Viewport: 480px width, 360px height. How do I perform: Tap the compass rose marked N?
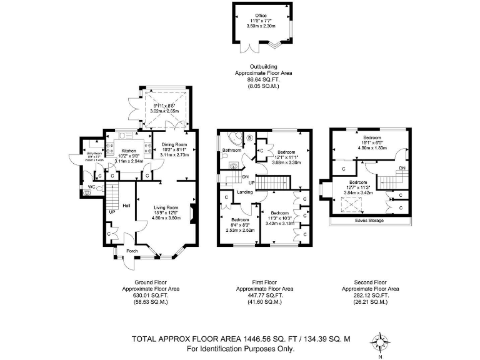coord(379,342)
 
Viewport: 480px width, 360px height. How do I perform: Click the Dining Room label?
coord(174,144)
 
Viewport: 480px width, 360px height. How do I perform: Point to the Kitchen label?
coord(129,151)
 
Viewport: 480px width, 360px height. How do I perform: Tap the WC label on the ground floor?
coord(90,186)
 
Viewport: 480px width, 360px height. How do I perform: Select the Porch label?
coord(131,252)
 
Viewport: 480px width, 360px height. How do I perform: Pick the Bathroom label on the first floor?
coord(231,151)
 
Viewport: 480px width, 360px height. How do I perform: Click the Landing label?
coord(245,192)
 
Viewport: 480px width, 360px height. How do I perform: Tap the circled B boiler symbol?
coord(250,137)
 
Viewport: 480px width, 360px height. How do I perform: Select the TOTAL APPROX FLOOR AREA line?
coord(241,339)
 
